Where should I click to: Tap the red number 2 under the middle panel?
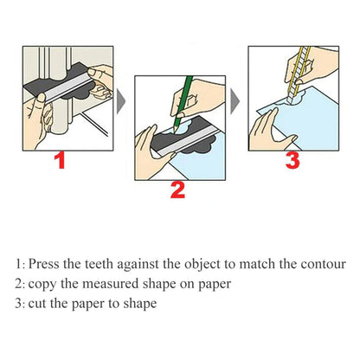[177, 190]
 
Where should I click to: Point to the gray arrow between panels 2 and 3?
[235, 97]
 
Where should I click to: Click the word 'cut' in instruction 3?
[37, 305]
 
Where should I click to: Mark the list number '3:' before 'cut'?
[19, 305]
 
